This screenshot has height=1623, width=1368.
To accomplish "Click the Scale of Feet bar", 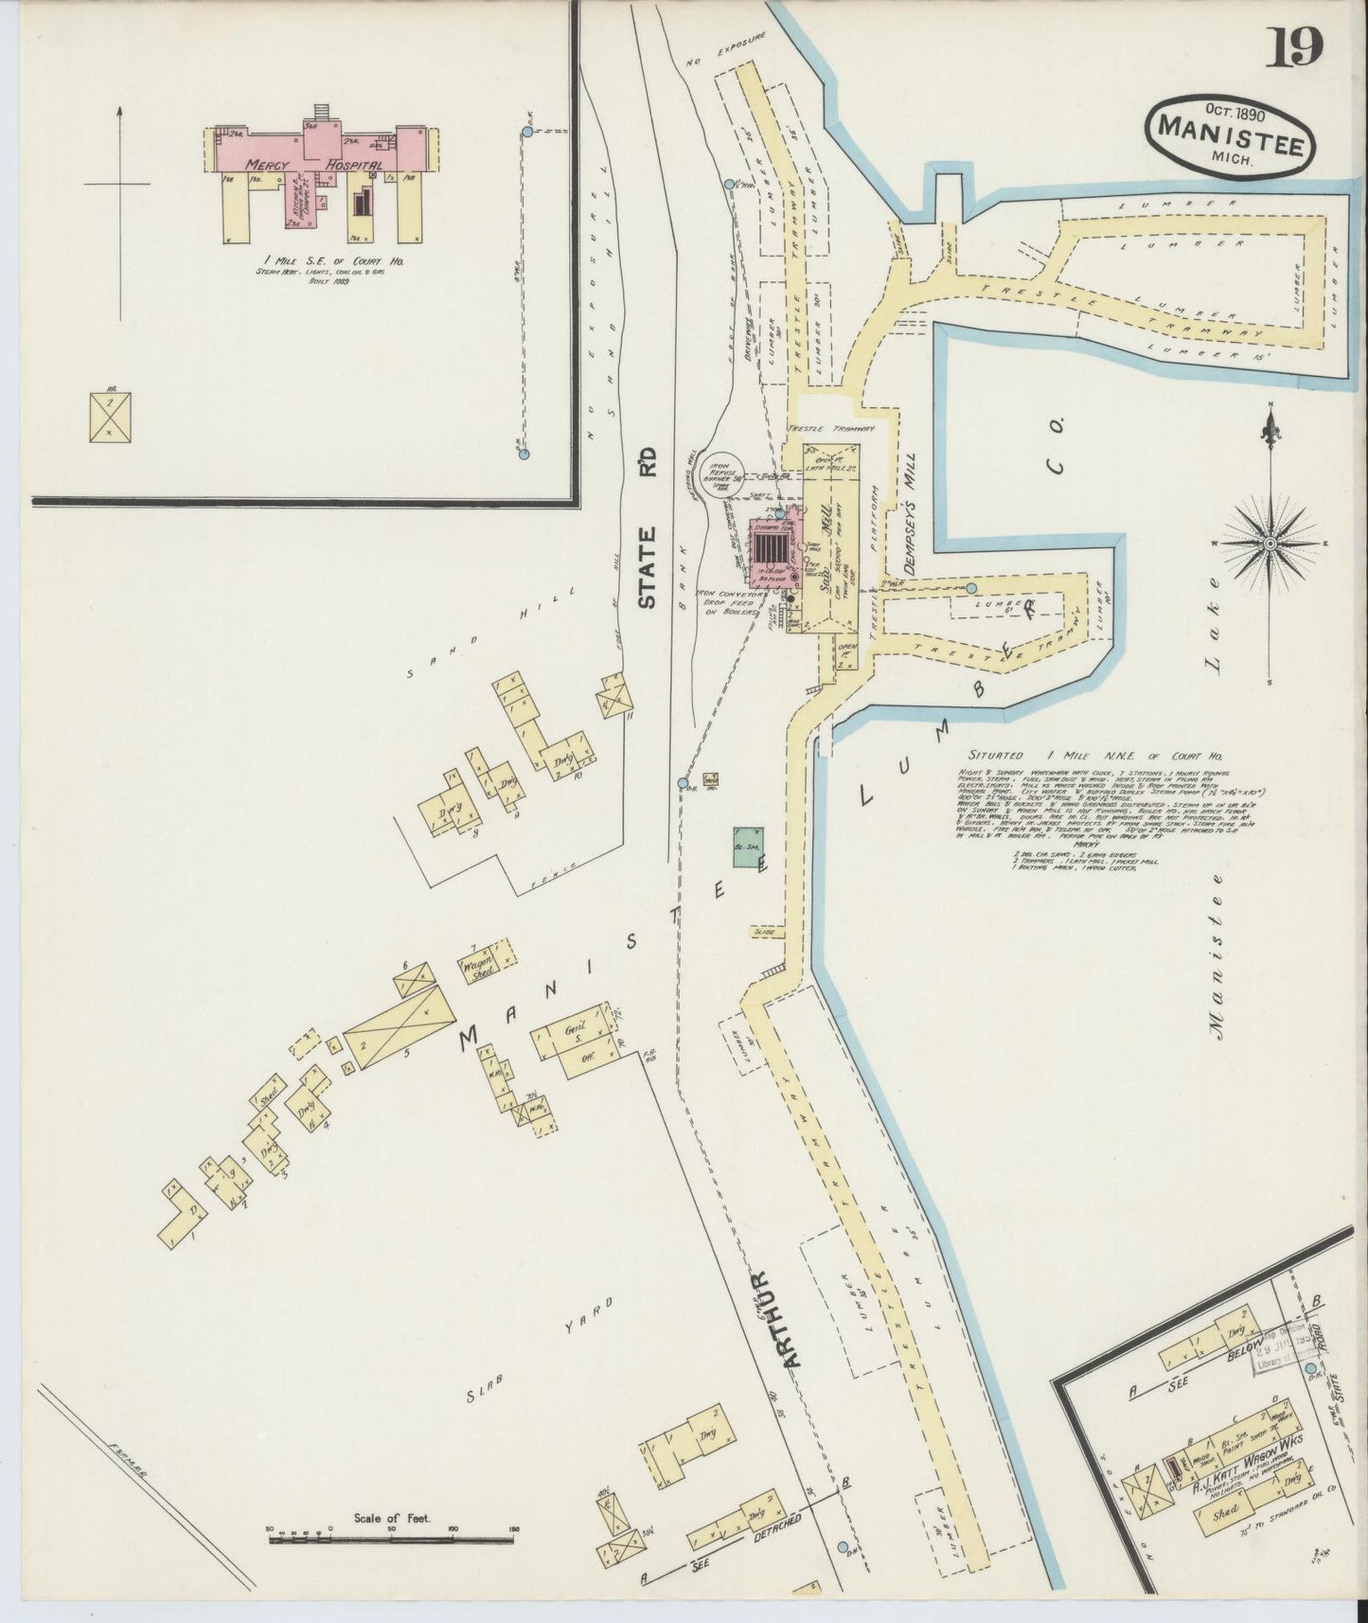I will click(392, 1541).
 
